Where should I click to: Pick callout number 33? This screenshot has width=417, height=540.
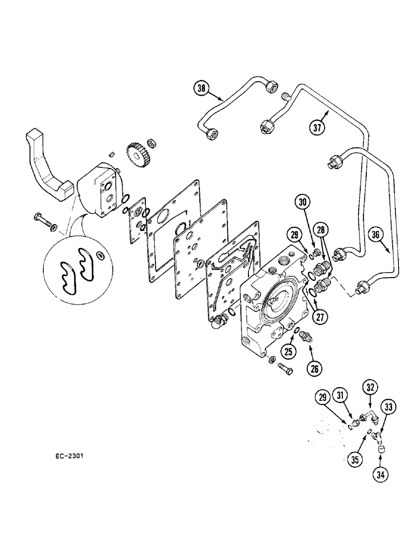pyautogui.click(x=389, y=406)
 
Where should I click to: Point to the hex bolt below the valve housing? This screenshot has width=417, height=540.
pyautogui.click(x=285, y=370)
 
